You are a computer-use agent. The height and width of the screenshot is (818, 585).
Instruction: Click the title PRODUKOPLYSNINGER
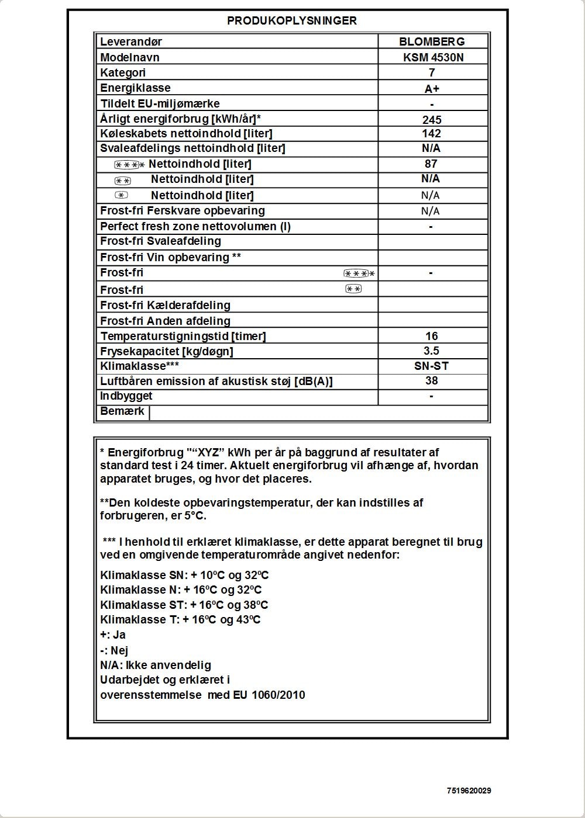[292, 20]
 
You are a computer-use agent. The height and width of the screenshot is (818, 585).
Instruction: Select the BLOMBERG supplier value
[432, 41]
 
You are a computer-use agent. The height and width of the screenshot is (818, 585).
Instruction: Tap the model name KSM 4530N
[432, 57]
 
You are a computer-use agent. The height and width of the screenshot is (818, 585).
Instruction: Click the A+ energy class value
[432, 89]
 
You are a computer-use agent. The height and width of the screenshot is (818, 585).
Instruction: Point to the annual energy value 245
[432, 120]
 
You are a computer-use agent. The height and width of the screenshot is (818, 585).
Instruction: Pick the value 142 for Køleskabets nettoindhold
[431, 133]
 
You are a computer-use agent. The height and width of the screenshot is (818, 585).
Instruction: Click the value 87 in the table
[431, 164]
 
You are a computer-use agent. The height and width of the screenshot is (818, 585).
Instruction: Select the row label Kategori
[123, 72]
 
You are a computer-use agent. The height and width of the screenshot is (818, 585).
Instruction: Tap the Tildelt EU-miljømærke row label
[160, 104]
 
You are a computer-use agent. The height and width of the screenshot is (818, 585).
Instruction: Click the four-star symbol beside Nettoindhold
[129, 165]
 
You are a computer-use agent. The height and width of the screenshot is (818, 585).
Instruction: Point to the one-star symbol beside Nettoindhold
[121, 195]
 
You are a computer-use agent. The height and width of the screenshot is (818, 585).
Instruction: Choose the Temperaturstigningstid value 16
[432, 336]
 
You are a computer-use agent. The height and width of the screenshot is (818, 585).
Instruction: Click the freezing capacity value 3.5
[431, 351]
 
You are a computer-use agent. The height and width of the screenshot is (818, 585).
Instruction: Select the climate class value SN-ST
[432, 366]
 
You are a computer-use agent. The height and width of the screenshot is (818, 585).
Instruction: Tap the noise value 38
[431, 381]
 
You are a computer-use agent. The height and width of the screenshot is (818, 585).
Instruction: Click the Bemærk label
[122, 411]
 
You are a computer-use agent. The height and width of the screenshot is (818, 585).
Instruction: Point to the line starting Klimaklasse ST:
[184, 605]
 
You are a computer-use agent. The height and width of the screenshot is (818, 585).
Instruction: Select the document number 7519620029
[469, 791]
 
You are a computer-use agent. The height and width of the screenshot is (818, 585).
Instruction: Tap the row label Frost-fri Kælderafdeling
[165, 305]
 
